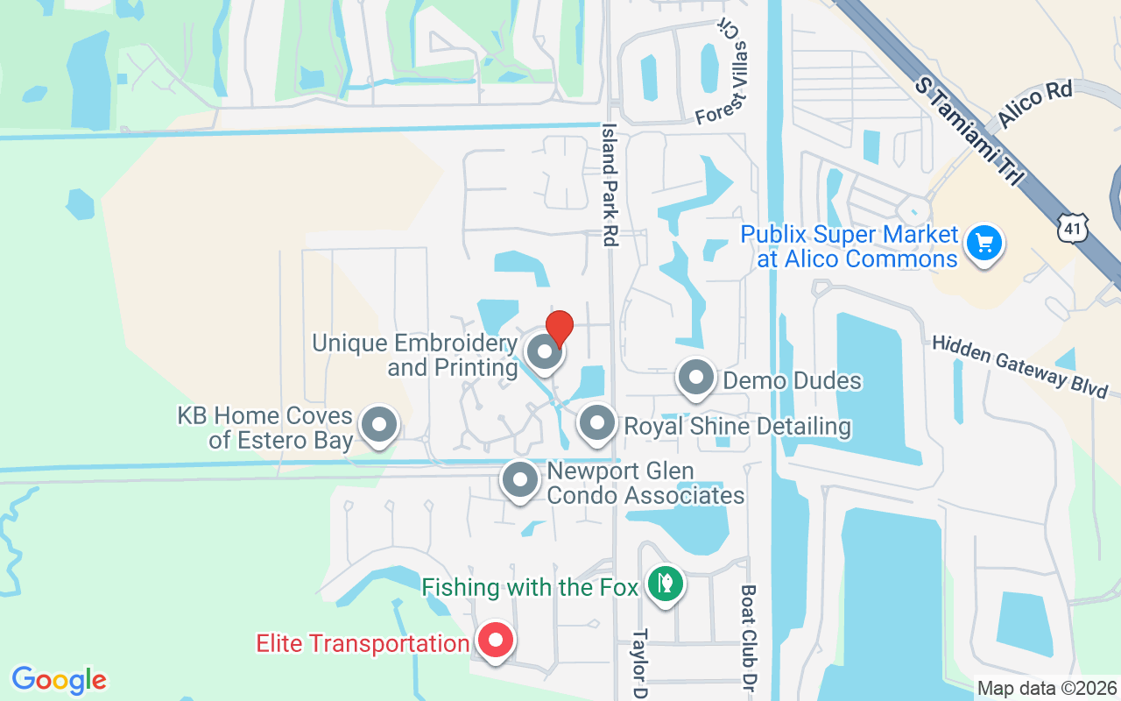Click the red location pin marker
pos(559,329)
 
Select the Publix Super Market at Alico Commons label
pos(849,246)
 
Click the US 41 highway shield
pos(1073,230)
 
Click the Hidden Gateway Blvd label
pos(1019,366)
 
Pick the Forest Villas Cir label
pos(725,87)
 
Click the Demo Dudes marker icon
pos(697,379)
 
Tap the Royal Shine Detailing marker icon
pos(597,424)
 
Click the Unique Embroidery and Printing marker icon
pos(545,352)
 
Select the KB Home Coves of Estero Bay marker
pos(379,425)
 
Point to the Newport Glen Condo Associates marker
pos(520,480)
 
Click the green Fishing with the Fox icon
pos(666,584)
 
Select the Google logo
pos(60,680)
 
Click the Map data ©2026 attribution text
pos(1047,688)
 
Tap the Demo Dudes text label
pos(792,380)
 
